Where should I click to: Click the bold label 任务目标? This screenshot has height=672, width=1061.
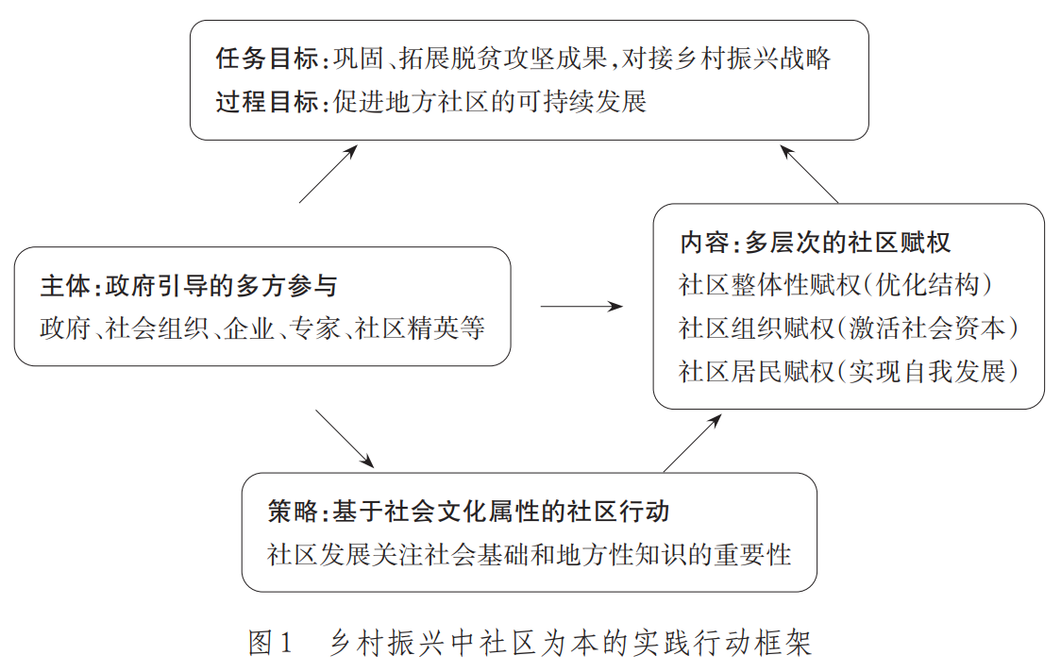(267, 59)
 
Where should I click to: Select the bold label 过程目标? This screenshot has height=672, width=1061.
(267, 102)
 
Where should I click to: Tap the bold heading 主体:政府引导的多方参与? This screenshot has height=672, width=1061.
(189, 286)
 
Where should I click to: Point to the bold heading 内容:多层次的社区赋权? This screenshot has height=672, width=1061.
(816, 243)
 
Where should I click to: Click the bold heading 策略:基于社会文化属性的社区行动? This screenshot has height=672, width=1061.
(468, 512)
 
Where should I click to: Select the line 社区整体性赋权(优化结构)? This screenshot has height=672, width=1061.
(835, 285)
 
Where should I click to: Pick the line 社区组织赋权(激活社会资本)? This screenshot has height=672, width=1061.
(849, 328)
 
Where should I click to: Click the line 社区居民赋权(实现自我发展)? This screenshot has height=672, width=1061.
(849, 372)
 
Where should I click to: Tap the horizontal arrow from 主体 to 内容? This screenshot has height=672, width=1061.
(581, 307)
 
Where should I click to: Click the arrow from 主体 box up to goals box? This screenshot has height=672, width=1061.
(328, 174)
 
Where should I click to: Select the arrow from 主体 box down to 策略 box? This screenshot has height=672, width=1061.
(345, 439)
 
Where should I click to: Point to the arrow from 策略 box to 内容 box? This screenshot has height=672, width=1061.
(692, 443)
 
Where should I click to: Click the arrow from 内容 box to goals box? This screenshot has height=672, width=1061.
(809, 174)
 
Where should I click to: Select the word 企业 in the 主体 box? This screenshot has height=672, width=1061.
(249, 328)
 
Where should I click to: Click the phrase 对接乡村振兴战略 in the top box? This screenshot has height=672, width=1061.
(726, 59)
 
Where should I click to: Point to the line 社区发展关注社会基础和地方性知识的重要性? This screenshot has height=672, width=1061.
(530, 555)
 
